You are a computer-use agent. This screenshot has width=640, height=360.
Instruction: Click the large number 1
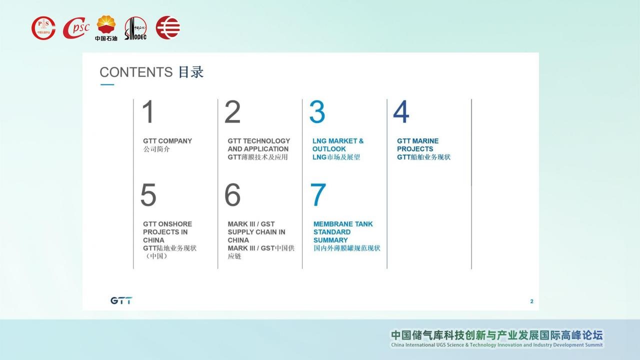148,111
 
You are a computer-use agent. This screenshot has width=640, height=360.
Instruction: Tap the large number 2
232,111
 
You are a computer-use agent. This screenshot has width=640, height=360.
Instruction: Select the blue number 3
317,111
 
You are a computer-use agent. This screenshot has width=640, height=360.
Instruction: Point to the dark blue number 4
401,111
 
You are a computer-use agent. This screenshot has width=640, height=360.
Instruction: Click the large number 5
148,195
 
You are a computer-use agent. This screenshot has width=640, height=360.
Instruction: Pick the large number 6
232,195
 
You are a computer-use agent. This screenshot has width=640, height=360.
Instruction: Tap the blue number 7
318,195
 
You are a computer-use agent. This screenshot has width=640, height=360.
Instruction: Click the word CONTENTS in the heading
136,72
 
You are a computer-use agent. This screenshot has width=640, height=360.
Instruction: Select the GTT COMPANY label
167,141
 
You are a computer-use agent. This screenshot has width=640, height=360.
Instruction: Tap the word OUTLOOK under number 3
329,149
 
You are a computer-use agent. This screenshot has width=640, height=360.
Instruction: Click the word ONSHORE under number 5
175,224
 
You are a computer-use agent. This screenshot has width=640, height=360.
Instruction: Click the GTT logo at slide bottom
121,300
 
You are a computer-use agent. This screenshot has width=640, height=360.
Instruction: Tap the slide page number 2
531,301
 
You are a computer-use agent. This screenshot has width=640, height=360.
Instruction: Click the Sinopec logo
135,28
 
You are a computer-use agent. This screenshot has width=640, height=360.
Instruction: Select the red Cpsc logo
76,27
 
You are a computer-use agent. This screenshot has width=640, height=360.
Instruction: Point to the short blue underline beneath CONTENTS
107,84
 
